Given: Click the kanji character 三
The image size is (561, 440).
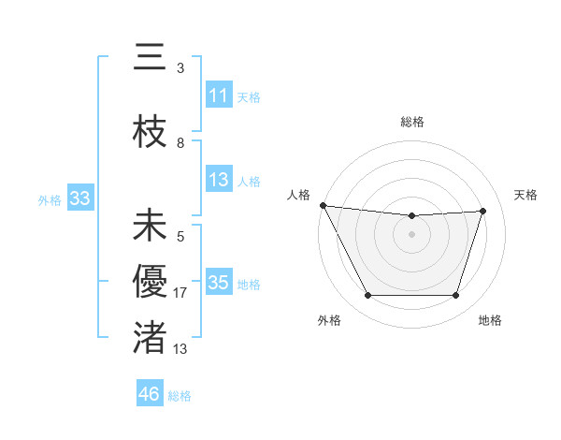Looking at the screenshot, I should [x=150, y=59].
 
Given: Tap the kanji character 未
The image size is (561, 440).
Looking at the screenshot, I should [x=150, y=227].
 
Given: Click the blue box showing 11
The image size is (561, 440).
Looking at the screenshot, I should [x=219, y=95].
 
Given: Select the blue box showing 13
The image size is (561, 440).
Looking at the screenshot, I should [x=219, y=180].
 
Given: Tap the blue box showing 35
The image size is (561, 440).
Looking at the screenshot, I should [x=219, y=283].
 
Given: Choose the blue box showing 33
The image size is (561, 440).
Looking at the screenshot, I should [x=79, y=198].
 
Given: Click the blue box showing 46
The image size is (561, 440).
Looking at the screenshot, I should [x=149, y=394].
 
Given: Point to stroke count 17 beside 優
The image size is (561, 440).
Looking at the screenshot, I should [x=181, y=293].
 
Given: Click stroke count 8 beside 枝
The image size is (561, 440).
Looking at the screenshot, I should [x=180, y=143].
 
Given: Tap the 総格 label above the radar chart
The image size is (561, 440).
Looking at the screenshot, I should [x=411, y=122].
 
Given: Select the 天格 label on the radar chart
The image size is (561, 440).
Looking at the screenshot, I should [x=525, y=195].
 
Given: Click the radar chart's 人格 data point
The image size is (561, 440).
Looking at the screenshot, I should [x=323, y=205].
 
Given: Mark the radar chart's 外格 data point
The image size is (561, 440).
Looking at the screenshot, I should [x=367, y=296].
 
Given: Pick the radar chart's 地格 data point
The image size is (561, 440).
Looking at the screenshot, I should [x=455, y=296].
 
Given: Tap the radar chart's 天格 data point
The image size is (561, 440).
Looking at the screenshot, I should [x=482, y=211].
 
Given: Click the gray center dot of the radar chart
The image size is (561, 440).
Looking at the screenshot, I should [x=411, y=234].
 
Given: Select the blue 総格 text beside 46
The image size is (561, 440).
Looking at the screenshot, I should [x=180, y=396].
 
